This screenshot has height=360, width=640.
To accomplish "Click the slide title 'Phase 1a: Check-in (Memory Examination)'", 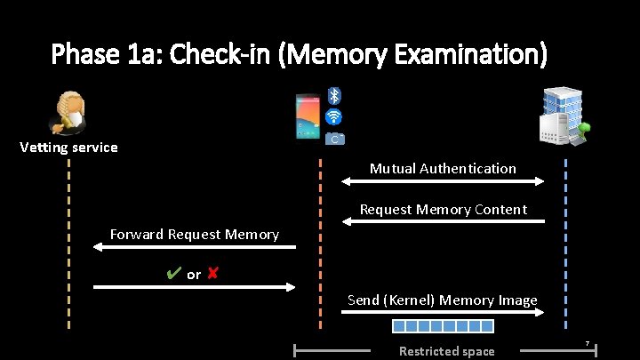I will click(x=300, y=55).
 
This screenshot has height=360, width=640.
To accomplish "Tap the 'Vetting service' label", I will click(x=68, y=148).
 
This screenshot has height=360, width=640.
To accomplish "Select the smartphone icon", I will click(x=307, y=117).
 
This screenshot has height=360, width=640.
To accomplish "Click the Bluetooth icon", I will click(x=334, y=95).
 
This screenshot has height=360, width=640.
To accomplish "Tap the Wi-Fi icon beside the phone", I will click(x=334, y=117).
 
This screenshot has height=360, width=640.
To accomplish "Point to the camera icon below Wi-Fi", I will click(x=334, y=139).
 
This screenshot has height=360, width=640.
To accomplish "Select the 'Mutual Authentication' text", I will click(x=443, y=168).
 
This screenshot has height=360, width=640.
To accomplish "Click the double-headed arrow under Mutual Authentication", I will click(x=443, y=181).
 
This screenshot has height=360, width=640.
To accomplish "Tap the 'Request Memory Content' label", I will click(x=443, y=210).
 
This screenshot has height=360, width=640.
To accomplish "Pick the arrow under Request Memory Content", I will click(x=443, y=222).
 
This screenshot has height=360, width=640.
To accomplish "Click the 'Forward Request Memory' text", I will click(x=194, y=235).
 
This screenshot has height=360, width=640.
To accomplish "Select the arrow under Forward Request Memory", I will click(x=194, y=248).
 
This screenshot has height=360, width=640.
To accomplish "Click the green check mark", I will click(x=174, y=274).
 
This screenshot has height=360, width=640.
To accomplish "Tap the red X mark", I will click(x=212, y=274).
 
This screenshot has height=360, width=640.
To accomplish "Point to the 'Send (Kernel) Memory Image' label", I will click(x=442, y=300).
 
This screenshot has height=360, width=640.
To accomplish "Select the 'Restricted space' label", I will click(x=446, y=351).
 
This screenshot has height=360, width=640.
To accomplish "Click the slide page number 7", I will click(x=587, y=343).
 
